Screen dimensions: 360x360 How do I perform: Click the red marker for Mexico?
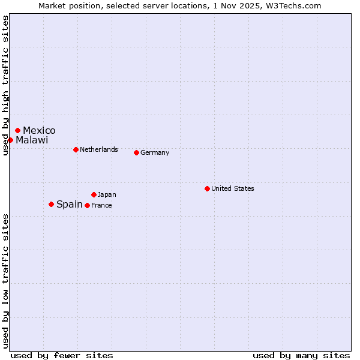pos(18,130)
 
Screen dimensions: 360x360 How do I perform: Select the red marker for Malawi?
pos(10,140)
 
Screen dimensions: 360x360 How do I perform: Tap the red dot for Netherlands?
pos(76,149)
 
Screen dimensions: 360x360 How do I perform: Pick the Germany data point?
pos(136,152)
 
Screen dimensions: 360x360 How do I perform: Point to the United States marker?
pos(207,188)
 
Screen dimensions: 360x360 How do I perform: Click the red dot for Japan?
pos(94,194)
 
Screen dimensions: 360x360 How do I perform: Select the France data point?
pos(87,205)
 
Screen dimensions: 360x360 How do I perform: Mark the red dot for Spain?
pos(51,204)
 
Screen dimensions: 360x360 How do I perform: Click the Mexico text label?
pos(39,130)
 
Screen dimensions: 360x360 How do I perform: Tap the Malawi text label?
pos(32,140)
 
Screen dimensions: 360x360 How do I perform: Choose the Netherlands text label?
pos(99,149)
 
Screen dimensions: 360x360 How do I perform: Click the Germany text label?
pos(155,152)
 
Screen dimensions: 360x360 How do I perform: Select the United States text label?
pos(233,188)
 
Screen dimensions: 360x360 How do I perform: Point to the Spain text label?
pos(70,204)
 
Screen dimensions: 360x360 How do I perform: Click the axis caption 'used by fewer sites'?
pos(62,355)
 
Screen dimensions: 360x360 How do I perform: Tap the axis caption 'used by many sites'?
pos(301,355)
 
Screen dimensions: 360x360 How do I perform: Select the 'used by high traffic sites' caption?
pos(5,86)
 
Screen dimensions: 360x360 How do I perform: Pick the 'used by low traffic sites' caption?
pos(5,281)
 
